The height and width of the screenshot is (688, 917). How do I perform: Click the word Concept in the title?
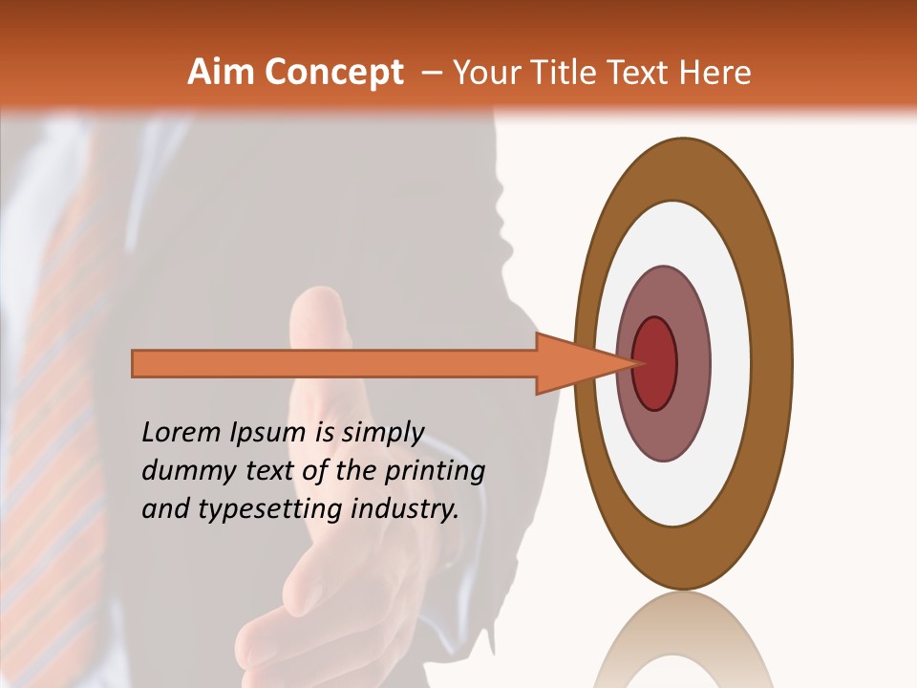click(334, 74)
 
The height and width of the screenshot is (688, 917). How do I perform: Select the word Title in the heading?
click(570, 73)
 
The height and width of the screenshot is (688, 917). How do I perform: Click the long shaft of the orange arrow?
click(334, 363)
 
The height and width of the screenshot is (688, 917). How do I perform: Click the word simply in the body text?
click(382, 434)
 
